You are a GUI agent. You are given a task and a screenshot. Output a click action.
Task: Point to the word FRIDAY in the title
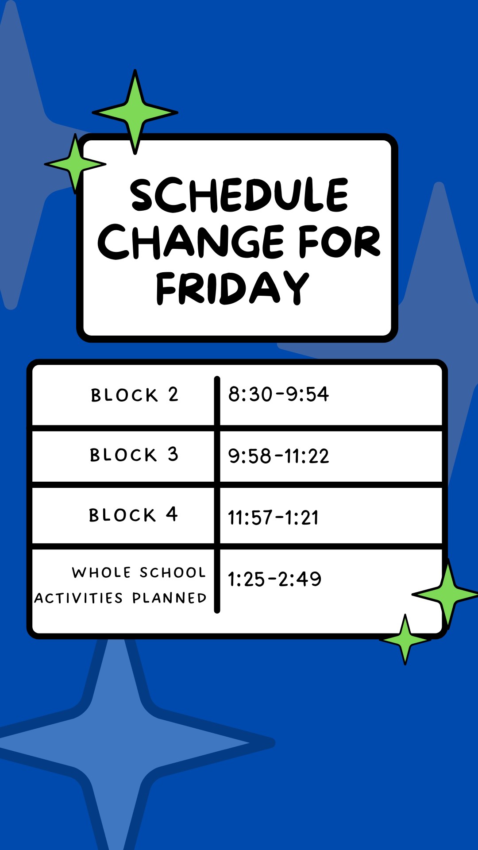tap(232, 288)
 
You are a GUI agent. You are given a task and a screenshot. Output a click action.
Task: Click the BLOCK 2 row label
tap(135, 394)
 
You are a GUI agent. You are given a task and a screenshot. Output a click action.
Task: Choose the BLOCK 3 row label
tap(134, 455)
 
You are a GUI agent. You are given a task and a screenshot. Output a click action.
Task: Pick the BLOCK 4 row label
tap(133, 514)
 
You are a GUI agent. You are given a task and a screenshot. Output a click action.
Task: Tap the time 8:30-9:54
tap(278, 394)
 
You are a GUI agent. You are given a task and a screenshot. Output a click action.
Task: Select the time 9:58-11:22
tap(278, 456)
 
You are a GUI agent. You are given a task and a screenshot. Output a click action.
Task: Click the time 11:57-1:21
tap(273, 518)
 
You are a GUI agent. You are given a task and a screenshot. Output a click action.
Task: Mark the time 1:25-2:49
tap(274, 579)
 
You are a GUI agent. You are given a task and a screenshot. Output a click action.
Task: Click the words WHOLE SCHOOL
tap(139, 572)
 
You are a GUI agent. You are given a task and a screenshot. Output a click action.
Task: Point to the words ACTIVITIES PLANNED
tap(120, 598)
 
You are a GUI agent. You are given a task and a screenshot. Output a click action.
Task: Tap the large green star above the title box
tap(135, 112)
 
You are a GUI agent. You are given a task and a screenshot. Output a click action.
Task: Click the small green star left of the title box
tap(76, 164)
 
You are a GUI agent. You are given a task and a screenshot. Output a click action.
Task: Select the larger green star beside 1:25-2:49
tap(447, 595)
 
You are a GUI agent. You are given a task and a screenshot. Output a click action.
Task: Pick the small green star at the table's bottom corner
tap(405, 640)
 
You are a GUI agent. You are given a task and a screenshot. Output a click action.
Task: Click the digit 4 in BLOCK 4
tap(172, 514)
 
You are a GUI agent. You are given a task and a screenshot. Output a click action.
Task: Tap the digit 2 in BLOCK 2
tap(173, 394)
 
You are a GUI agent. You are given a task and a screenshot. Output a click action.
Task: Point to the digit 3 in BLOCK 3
tap(173, 454)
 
